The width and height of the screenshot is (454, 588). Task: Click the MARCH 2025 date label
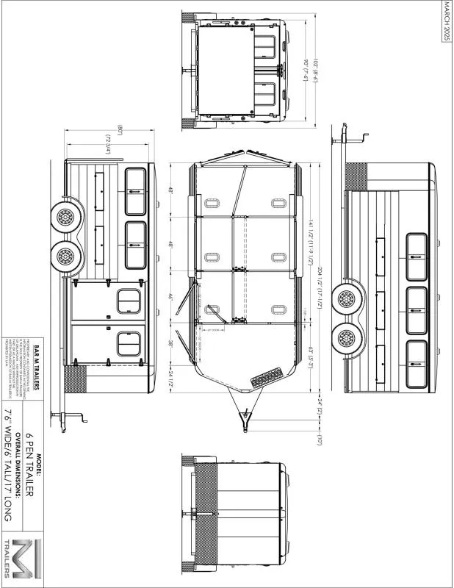pos(447,22)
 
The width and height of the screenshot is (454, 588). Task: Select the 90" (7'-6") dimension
pos(305,73)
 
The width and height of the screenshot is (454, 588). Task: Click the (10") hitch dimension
pos(320,440)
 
